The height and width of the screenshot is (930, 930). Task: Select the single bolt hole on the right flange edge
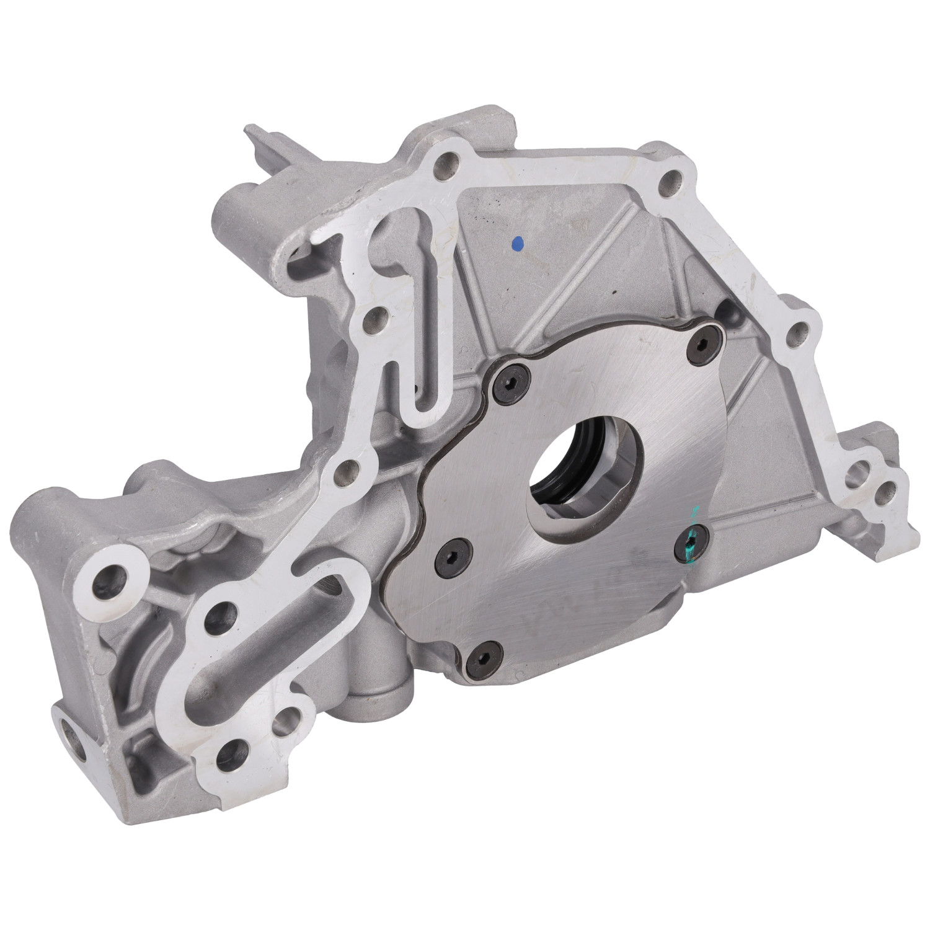[x=799, y=331]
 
